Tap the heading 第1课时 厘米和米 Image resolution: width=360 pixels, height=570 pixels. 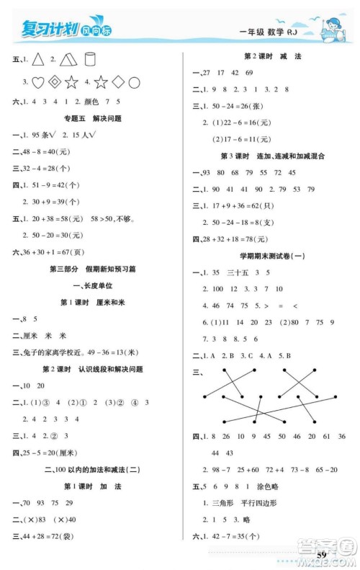[x=91, y=301]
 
